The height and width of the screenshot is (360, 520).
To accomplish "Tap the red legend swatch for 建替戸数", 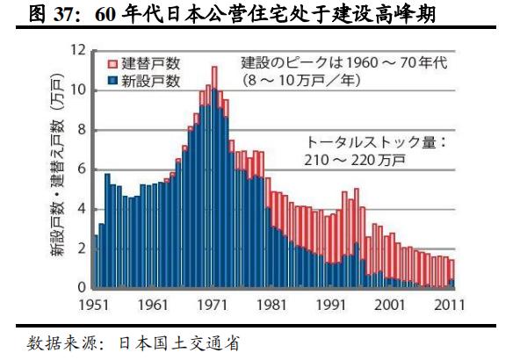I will [x=111, y=64].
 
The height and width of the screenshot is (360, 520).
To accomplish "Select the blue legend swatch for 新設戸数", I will [x=111, y=81].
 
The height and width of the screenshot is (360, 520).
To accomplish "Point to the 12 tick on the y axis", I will [x=78, y=50].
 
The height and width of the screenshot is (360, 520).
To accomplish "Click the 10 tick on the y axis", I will [x=78, y=90].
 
